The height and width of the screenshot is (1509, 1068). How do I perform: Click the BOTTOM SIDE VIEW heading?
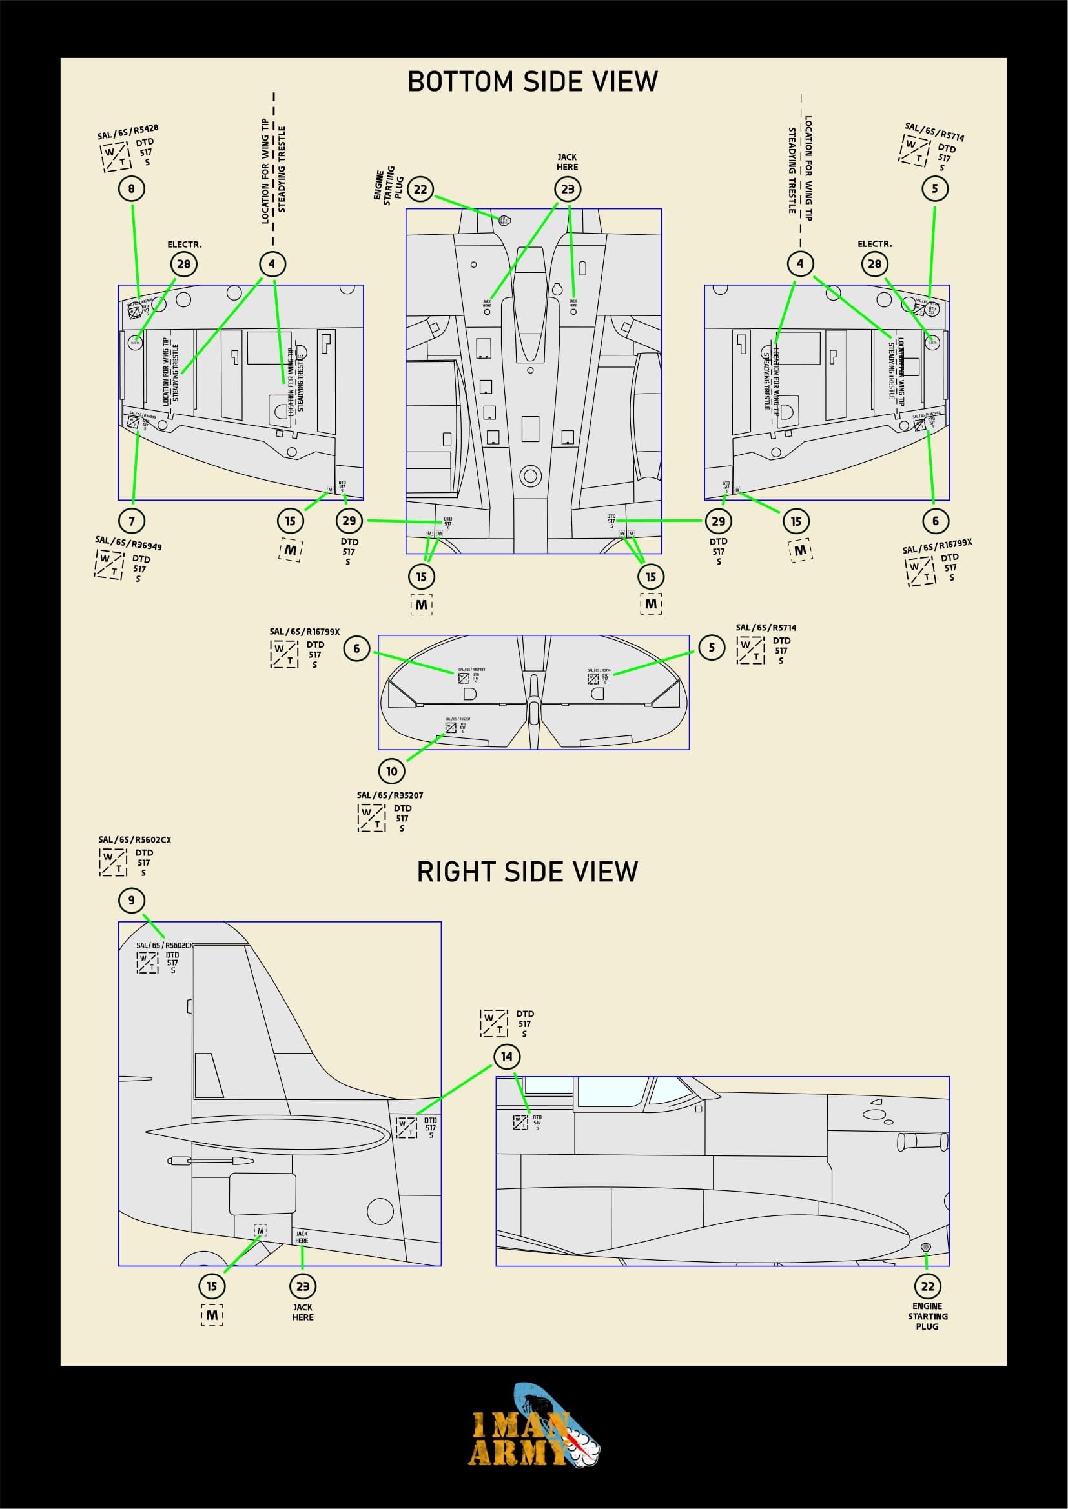coord(533,81)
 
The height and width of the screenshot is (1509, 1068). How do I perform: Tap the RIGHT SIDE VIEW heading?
coord(528,872)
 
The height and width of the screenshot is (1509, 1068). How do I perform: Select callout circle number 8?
coord(132,189)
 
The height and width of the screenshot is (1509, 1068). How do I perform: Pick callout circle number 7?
coord(132,521)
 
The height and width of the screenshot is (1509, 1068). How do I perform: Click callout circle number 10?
coord(392,771)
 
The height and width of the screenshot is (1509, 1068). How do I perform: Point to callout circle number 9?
coord(132,901)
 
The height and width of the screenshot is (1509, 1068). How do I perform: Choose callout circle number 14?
coord(506,1057)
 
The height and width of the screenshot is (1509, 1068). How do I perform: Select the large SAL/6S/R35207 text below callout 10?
coord(390,795)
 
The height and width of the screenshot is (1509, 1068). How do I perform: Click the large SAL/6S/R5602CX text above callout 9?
coord(134,840)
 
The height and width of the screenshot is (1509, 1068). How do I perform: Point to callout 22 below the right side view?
coord(927,1286)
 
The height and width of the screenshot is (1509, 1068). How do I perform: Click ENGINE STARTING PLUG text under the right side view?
coord(927,1317)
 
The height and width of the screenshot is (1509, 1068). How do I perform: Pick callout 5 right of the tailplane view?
coord(712,647)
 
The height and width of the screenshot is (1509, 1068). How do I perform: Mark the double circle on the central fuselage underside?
coord(531,475)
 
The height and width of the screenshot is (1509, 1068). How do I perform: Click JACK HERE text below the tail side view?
coord(302,1312)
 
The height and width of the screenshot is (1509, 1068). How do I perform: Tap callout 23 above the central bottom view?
coord(568,190)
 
